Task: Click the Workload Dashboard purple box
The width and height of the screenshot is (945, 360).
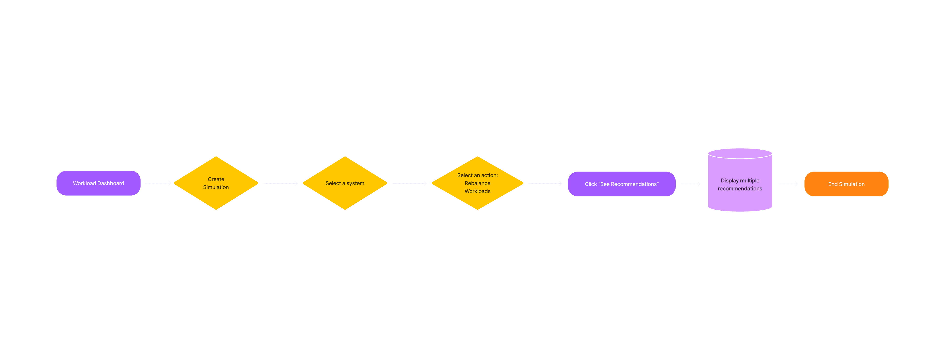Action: (98, 183)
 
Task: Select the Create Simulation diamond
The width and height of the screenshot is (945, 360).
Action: (216, 183)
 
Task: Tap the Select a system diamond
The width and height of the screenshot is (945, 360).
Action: (345, 183)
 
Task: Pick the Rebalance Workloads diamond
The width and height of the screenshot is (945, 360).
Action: (477, 183)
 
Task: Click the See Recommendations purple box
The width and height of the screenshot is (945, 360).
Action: (621, 184)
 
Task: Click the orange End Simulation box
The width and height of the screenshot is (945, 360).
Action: (846, 184)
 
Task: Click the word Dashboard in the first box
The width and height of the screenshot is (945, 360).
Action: (111, 183)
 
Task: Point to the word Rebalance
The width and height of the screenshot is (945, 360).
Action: (477, 183)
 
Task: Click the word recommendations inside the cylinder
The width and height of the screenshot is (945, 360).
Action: (740, 189)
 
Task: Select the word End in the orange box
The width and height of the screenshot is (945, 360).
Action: (833, 184)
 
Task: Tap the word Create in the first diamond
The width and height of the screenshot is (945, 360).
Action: (216, 179)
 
